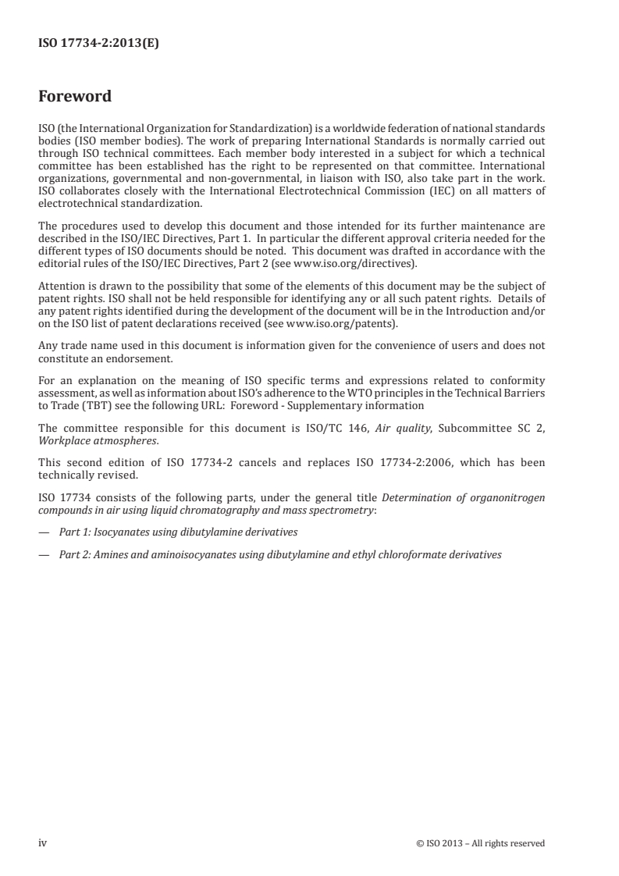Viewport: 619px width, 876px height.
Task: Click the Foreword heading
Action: (75, 97)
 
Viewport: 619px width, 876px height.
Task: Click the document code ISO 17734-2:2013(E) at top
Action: (98, 45)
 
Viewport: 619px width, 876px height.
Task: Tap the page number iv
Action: (44, 842)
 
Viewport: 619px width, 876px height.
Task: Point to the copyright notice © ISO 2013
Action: (481, 843)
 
